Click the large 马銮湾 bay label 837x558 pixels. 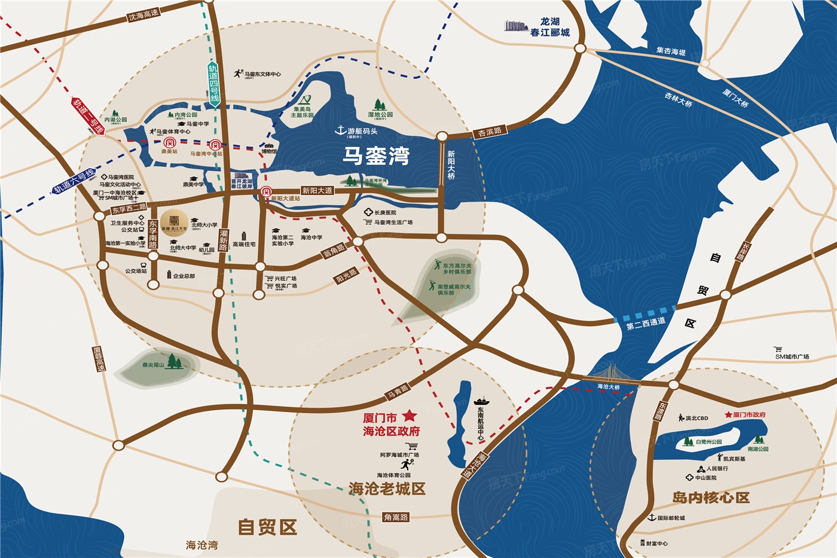(376, 155)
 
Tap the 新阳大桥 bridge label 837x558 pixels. (451, 165)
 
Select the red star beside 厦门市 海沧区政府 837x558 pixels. (409, 415)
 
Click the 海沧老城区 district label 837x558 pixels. (387, 489)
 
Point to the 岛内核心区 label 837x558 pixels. (710, 498)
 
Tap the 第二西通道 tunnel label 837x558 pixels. (646, 324)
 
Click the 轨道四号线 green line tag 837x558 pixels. (213, 84)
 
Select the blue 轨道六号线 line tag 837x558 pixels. (74, 181)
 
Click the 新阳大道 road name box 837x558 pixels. (317, 191)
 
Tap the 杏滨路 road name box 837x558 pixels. (490, 132)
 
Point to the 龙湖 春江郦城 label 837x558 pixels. (549, 27)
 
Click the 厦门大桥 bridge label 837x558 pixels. (735, 98)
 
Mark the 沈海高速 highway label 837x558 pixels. (143, 14)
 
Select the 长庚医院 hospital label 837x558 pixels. (385, 212)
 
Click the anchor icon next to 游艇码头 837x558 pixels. (341, 130)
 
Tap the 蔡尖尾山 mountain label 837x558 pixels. (153, 365)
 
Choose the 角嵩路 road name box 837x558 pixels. (396, 517)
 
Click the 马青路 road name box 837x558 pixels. (398, 391)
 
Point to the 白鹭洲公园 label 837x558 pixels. (708, 442)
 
